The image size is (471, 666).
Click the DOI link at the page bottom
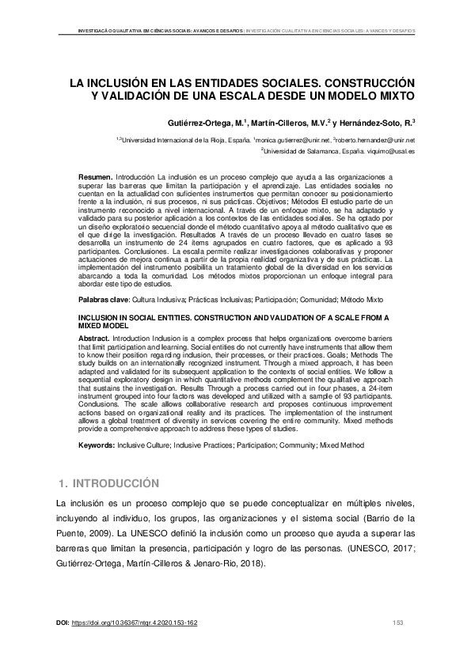(x=135, y=623)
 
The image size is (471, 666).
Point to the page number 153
(x=398, y=623)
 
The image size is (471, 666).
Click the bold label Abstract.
(x=93, y=336)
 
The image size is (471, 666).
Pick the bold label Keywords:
(x=98, y=446)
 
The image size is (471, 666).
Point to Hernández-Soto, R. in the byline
(x=377, y=123)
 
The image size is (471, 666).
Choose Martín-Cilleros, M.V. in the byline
(x=289, y=123)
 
